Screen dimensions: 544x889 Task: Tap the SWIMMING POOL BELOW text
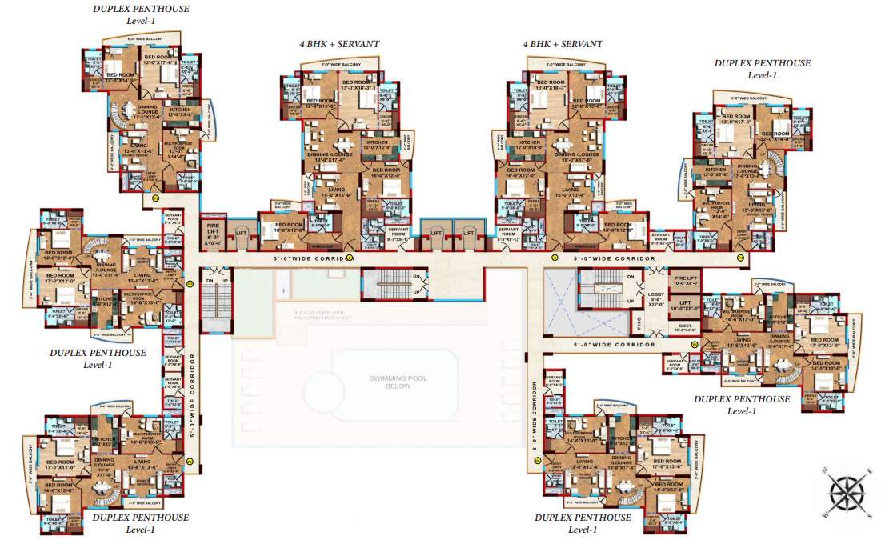coord(391,382)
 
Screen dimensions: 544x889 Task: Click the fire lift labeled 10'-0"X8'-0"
coord(681,280)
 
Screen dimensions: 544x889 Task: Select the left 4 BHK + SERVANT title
coord(338,44)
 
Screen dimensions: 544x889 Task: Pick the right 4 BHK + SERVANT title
coord(563,44)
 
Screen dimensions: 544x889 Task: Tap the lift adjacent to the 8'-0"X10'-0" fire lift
coord(242,233)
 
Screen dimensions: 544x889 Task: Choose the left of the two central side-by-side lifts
coord(436,232)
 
